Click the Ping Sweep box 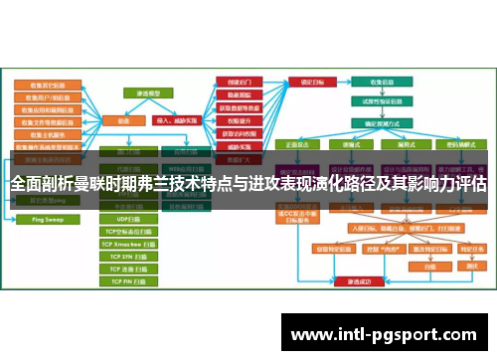tap(41, 217)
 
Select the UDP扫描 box tap(129, 218)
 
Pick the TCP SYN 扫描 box tap(129, 256)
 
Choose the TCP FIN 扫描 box tap(129, 281)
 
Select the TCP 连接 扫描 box tap(129, 269)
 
